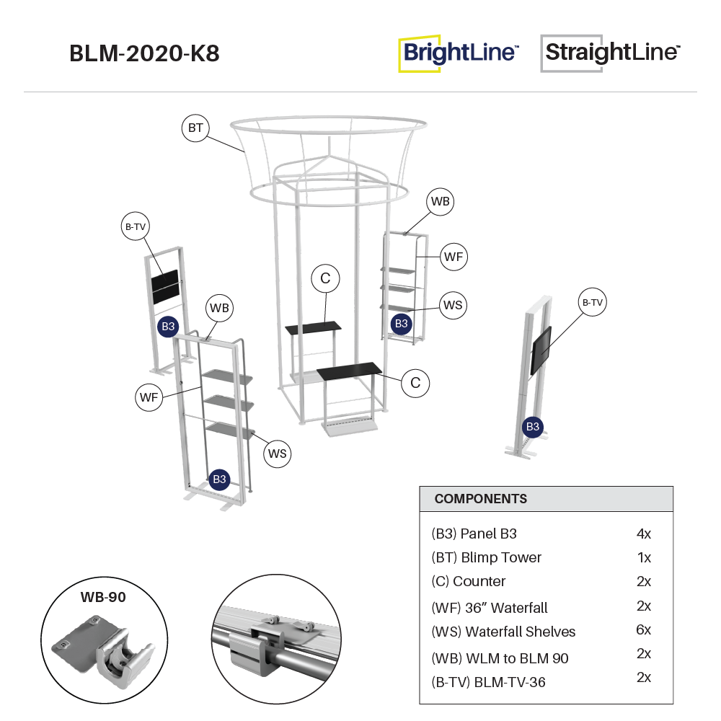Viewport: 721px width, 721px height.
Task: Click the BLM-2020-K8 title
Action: (144, 53)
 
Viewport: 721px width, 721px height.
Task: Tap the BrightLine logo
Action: (459, 53)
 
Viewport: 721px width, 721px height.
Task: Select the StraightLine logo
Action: (611, 53)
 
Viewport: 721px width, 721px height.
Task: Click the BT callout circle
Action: (195, 129)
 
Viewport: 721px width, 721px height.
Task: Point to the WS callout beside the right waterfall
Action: (452, 306)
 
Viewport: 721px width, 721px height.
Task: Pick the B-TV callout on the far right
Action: (592, 303)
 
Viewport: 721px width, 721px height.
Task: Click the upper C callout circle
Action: (326, 278)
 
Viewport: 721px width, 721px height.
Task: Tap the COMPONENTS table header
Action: (481, 499)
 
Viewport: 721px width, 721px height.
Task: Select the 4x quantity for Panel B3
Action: (643, 534)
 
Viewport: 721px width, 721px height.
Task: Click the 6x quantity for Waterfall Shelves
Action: (643, 629)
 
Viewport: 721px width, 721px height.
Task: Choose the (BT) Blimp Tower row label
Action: (486, 557)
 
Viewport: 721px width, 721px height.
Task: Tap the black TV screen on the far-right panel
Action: (541, 350)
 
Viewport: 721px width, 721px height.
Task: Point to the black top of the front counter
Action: (350, 371)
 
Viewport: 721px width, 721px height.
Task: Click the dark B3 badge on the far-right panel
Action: (533, 427)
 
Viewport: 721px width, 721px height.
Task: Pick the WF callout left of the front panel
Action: (150, 397)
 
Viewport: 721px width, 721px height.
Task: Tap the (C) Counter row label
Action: (469, 581)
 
